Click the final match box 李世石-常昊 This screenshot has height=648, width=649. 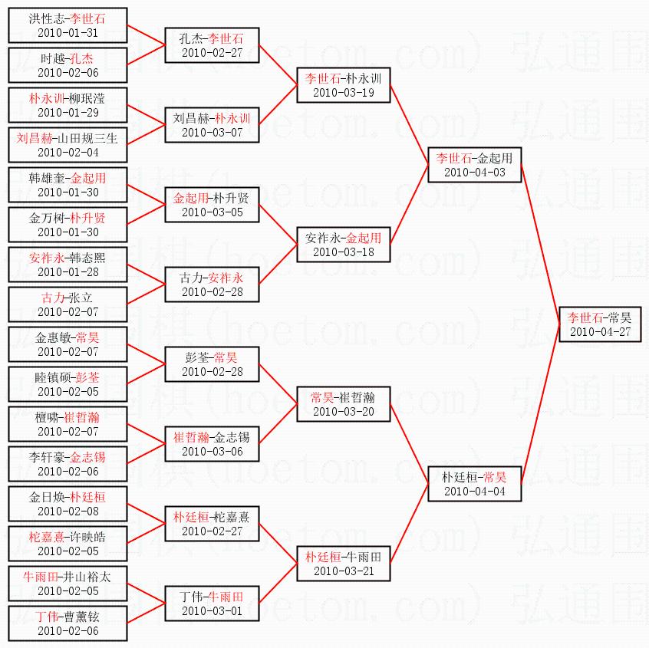coord(600,324)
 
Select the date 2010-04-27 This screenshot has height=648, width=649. coord(600,332)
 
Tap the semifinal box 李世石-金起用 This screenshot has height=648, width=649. coord(474,165)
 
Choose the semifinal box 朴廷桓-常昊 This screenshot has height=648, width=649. coord(474,484)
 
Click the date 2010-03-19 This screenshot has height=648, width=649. coord(344,93)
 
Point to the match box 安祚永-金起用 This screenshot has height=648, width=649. coord(344,245)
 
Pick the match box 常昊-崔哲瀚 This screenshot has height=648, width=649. coord(344,404)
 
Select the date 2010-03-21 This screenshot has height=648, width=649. coord(344,571)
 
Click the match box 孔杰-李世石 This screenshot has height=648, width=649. coord(212,45)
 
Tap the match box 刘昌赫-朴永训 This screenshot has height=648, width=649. coord(212,125)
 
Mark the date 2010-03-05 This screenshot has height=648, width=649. coord(212,212)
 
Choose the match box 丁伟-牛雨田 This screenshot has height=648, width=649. coord(212,604)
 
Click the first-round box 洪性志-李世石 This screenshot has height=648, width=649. coord(68,25)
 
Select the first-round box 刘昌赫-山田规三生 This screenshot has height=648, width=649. coord(68,145)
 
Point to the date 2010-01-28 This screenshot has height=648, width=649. coord(68,272)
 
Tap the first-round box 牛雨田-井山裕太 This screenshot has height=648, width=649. coord(68,584)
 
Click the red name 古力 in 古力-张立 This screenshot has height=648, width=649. coord(53,298)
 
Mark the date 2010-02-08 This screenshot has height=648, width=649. coord(68,511)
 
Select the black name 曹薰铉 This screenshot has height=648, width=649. coord(81,617)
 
